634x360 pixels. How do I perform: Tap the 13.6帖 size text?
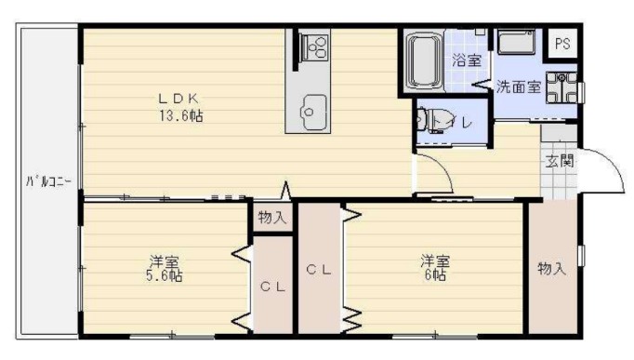point(180,116)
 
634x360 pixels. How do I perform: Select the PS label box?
point(562,43)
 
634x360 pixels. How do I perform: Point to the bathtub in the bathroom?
point(423,60)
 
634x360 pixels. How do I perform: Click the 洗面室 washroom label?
point(518,88)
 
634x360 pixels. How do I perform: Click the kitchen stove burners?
point(314,45)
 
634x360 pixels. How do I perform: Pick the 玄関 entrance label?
point(559,160)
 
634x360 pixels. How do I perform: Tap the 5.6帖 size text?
point(164,276)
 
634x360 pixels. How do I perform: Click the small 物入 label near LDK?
point(271,218)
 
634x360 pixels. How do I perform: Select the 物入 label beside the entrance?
point(551,268)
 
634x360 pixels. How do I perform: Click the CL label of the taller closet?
point(319,270)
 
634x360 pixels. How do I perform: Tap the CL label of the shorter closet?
point(271,287)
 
